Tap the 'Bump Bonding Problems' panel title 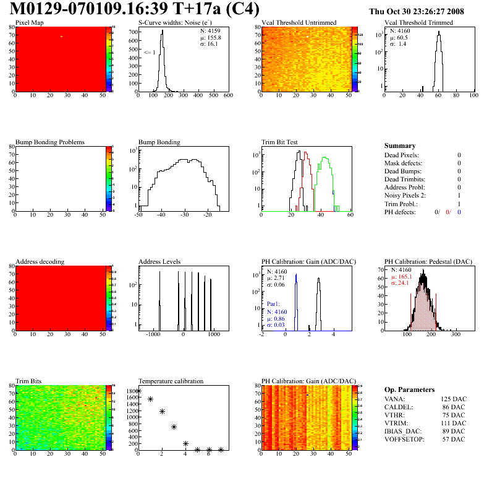50,142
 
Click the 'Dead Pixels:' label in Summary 401,155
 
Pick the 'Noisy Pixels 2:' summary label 405,195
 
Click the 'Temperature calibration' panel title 171,381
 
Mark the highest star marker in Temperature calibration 138,391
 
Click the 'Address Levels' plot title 160,262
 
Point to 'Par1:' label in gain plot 273,304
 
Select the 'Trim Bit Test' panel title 280,142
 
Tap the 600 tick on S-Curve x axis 228,96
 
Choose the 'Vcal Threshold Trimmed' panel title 418,23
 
